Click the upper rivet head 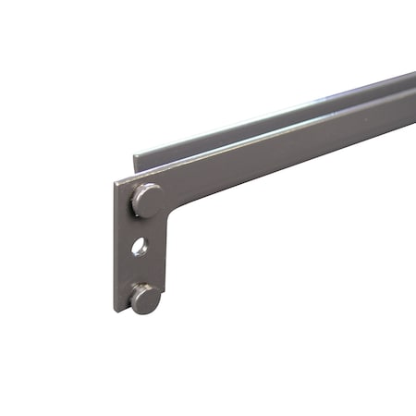point(148,199)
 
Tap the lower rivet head point(146,298)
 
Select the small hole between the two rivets point(139,247)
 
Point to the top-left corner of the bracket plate point(116,182)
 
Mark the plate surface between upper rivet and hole point(144,226)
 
